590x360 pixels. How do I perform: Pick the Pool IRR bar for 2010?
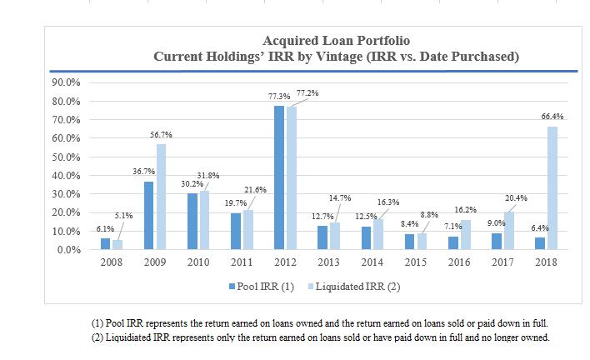192,221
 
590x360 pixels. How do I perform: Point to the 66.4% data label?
552,117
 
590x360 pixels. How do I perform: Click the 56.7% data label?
162,135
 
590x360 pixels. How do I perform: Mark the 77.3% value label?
279,97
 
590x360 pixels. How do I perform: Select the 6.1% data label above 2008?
106,228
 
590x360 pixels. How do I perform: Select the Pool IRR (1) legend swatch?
232,286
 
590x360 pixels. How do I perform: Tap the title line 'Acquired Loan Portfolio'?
336,41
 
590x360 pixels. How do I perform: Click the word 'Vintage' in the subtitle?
356,57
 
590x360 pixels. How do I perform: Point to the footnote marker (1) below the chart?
97,322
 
